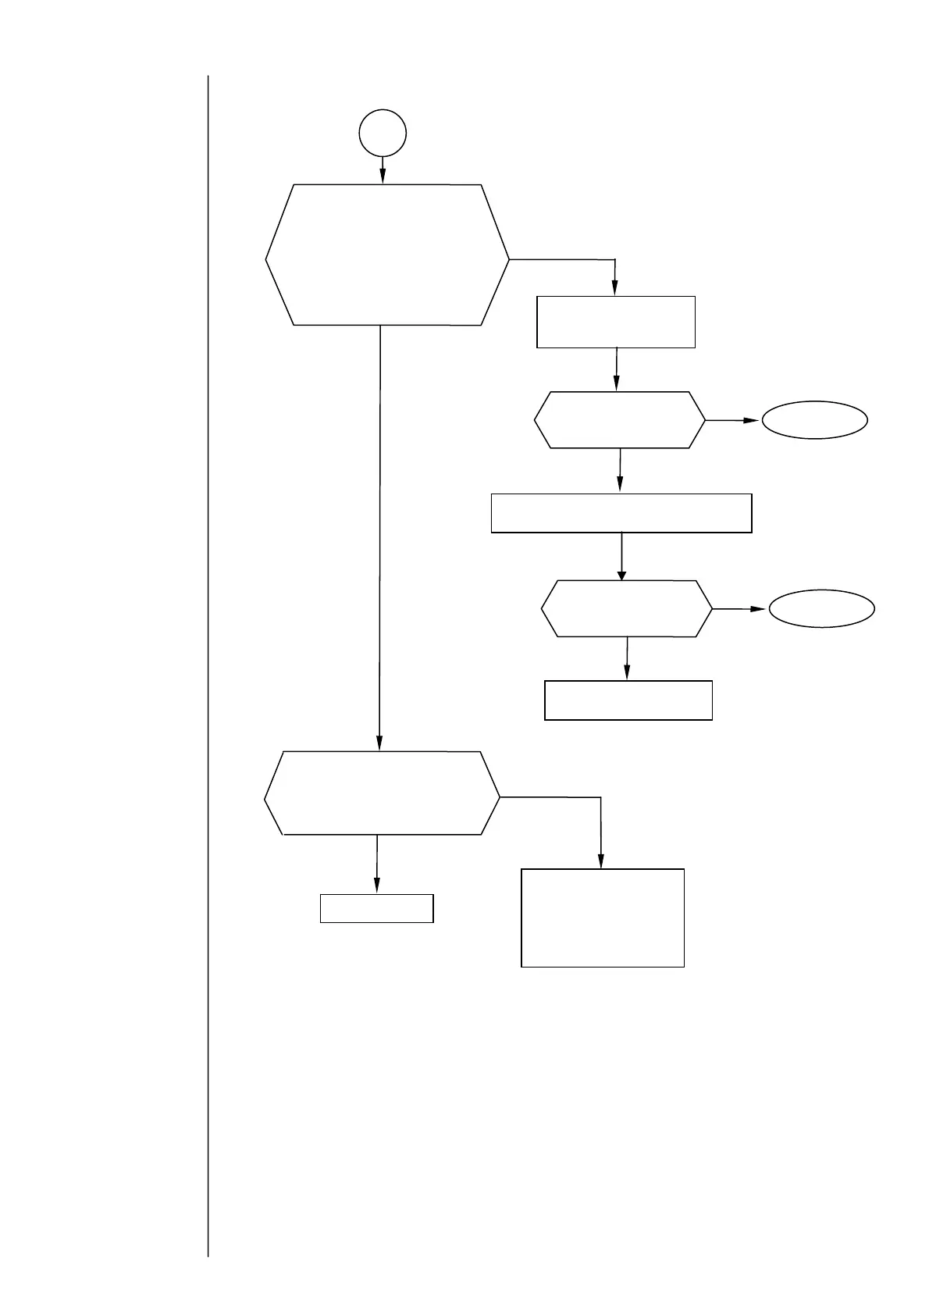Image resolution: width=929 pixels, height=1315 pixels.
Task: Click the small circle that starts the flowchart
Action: (x=383, y=134)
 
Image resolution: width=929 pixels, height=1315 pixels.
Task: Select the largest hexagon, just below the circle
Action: (x=387, y=255)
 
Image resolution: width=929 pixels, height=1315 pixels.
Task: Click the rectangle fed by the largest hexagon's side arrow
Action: (x=616, y=322)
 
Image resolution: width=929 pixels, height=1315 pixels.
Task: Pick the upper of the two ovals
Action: (x=814, y=420)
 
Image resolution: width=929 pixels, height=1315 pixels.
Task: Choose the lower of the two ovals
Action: (x=821, y=608)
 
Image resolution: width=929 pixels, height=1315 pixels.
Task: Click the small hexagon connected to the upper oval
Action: (x=620, y=420)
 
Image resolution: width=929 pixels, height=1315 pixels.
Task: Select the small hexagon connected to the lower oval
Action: (x=627, y=608)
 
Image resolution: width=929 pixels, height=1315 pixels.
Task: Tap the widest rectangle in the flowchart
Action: (x=621, y=513)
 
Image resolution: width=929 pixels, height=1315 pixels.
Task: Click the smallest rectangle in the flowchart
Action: (x=376, y=908)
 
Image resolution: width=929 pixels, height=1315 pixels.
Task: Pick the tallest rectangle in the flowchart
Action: (x=603, y=918)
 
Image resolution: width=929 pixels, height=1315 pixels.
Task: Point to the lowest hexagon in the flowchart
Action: (x=382, y=793)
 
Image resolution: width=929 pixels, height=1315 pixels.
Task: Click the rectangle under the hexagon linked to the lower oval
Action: (x=628, y=700)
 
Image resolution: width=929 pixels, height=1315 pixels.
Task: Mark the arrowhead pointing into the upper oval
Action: (x=753, y=420)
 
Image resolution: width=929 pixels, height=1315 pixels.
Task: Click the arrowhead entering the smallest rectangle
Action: (x=377, y=886)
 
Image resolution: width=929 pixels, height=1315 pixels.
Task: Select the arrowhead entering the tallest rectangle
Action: (x=601, y=862)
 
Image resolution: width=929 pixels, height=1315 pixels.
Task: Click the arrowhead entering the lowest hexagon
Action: (x=379, y=745)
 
